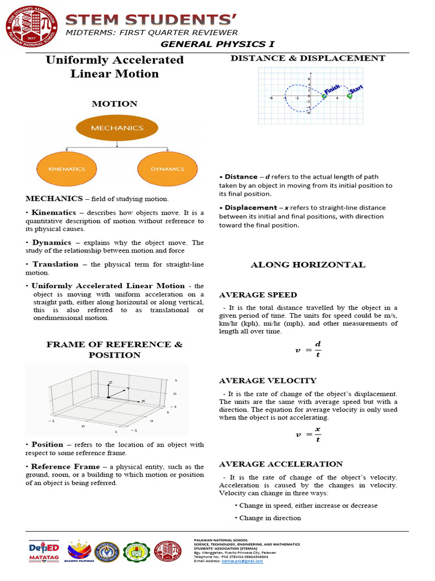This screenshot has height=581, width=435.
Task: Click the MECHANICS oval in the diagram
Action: tap(117, 128)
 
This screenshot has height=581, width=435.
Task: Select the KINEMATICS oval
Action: tap(67, 169)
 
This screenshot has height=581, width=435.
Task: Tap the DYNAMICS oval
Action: tap(167, 169)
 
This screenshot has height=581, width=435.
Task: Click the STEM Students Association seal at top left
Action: tap(31, 31)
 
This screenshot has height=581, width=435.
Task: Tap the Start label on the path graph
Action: tap(356, 90)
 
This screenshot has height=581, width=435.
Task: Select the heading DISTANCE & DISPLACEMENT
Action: tap(308, 58)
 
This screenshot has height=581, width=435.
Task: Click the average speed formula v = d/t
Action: tap(308, 350)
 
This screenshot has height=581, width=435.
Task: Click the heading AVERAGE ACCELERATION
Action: tap(281, 464)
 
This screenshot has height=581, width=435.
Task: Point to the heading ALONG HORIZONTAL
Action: tap(308, 265)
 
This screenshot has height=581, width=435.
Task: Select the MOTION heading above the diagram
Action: tap(114, 104)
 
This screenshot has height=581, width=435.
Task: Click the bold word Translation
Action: tap(56, 264)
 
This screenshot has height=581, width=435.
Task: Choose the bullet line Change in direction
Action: tap(270, 518)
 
